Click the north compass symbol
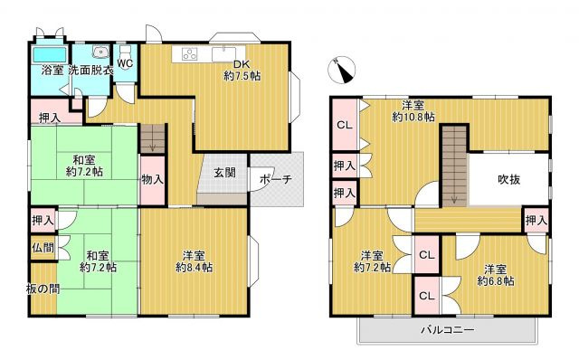coord(342,66)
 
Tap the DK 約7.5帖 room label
coord(242,71)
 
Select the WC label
coord(125,63)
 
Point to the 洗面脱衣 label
coord(90,70)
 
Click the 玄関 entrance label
coord(224,173)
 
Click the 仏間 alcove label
coord(43,247)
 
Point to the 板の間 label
coord(43,289)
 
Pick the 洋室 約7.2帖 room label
coord(371,261)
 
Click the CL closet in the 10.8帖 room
coord(345,126)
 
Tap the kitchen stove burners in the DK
coord(191,52)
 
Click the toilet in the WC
coord(125,50)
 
